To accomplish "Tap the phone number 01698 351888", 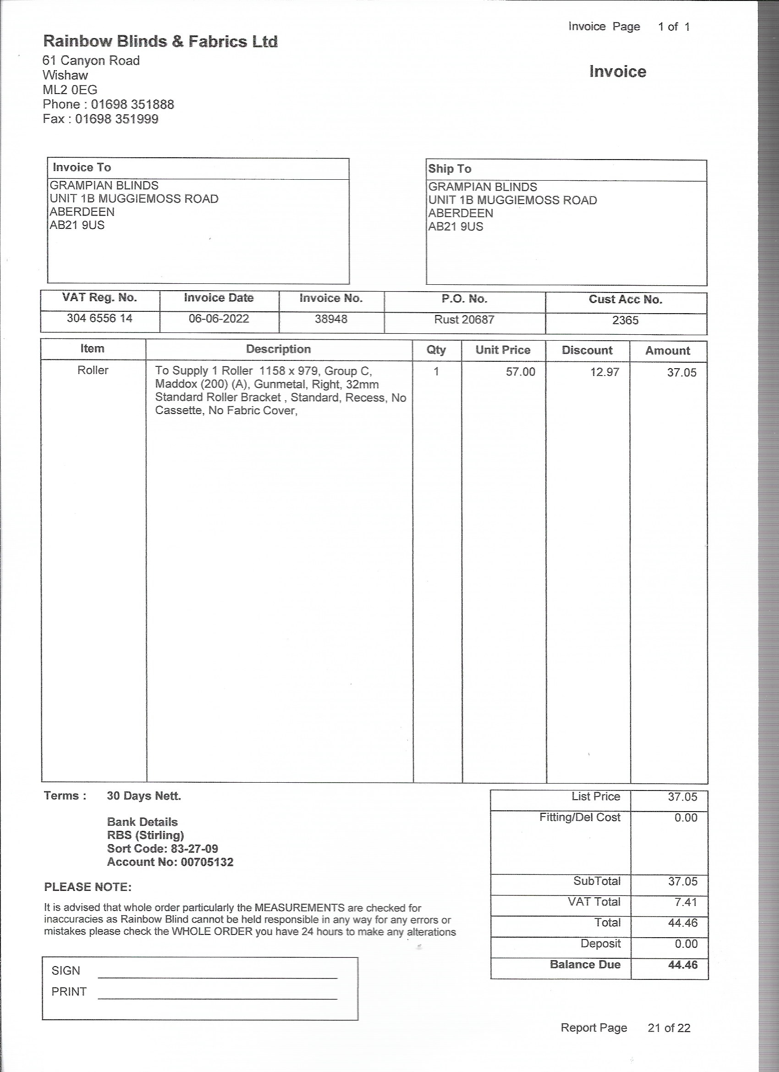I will click(132, 105).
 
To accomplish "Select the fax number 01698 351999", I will click(116, 119).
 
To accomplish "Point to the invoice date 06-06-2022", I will click(219, 319).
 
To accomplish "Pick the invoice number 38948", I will click(331, 320).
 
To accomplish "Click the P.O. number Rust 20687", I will click(464, 320).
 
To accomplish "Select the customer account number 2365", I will click(625, 320).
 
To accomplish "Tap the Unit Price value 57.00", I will click(520, 372).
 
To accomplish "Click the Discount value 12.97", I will click(604, 372).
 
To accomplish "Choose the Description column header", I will click(278, 349).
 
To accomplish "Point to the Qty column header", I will click(436, 350).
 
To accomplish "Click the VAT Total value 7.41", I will click(686, 902).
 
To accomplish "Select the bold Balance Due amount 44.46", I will click(682, 965).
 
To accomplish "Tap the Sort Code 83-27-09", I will click(194, 848).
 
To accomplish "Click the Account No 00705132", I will click(207, 862).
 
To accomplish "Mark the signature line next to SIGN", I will click(217, 977).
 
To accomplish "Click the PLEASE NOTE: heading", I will click(88, 887).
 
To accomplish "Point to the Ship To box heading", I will click(450, 169).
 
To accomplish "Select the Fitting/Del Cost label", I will click(579, 817).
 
